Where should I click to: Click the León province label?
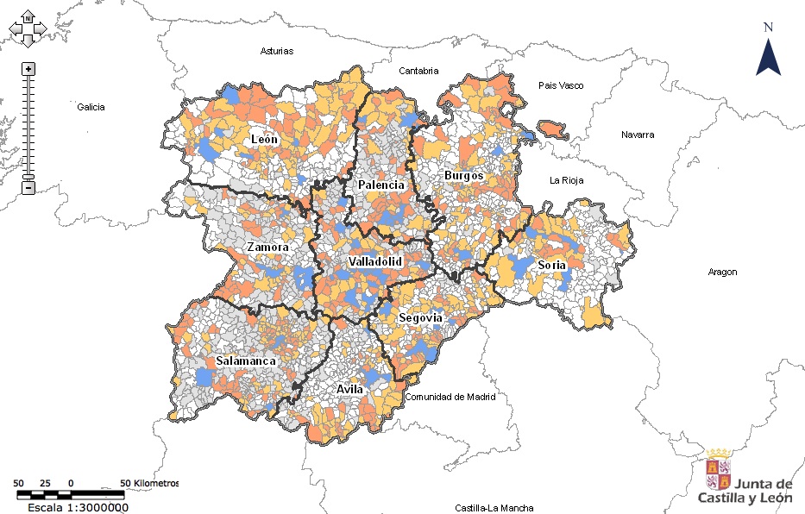tap(264, 139)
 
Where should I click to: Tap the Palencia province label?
tap(380, 185)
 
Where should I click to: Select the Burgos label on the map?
tap(464, 175)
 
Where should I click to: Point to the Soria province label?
tap(551, 265)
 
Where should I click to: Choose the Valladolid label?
tap(375, 261)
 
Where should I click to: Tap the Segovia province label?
tap(420, 318)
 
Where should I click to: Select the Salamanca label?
tap(246, 360)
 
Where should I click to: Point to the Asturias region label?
tap(277, 51)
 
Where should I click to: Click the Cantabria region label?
tap(418, 71)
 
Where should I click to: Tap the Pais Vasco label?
tap(561, 85)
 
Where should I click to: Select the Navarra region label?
tap(638, 135)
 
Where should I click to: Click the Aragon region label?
tap(722, 272)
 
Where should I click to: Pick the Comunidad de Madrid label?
tap(450, 398)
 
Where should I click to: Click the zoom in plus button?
tap(28, 69)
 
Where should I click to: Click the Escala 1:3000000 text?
tap(78, 507)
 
